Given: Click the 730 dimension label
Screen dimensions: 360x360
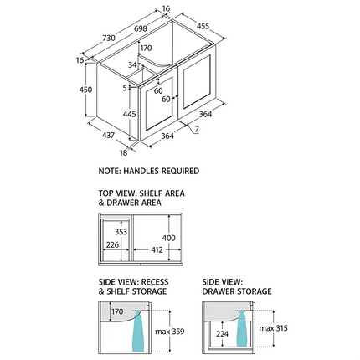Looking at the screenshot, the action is (x=109, y=38).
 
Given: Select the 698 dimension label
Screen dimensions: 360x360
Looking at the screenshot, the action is (x=141, y=28).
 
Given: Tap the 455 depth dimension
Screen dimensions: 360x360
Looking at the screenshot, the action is (x=203, y=26).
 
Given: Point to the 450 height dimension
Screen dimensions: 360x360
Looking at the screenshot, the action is (x=85, y=90).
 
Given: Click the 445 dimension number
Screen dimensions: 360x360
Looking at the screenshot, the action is (x=130, y=114).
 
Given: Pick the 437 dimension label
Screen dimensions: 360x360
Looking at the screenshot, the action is (x=108, y=135).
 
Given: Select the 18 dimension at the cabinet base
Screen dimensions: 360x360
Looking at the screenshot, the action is (x=124, y=152).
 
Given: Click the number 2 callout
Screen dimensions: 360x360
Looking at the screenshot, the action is (x=197, y=129).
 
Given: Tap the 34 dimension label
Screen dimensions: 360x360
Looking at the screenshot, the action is (x=132, y=64).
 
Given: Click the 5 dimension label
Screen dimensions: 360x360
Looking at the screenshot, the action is (x=125, y=88).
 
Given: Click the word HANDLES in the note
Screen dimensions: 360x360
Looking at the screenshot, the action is (x=141, y=171).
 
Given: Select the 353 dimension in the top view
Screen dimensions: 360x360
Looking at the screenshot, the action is (x=121, y=232).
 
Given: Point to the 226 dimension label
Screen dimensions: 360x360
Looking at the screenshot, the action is (x=112, y=244).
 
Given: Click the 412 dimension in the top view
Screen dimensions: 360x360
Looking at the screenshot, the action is (x=157, y=249).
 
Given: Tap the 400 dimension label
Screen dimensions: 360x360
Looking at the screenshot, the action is (x=169, y=238).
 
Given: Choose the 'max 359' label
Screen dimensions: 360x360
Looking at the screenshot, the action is (x=170, y=332).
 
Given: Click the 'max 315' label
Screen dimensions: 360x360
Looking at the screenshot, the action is (x=273, y=328).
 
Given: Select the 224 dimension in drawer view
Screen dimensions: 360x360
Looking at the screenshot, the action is (x=222, y=334).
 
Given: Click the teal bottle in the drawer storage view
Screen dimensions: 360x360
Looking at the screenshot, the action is (x=242, y=329).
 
